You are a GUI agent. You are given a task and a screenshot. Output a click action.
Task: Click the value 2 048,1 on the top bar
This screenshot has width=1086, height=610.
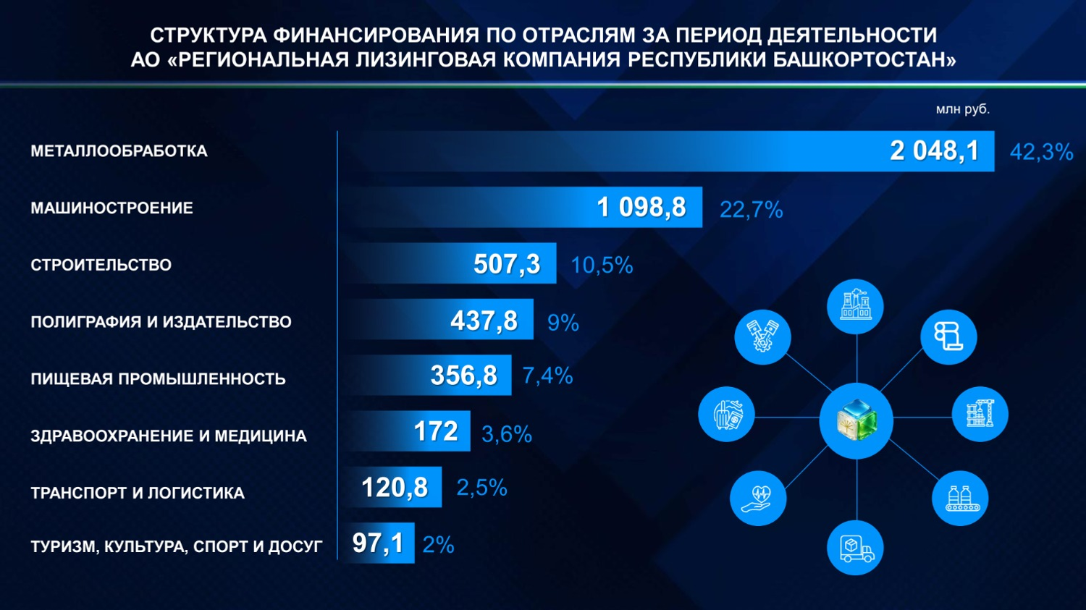tap(934, 151)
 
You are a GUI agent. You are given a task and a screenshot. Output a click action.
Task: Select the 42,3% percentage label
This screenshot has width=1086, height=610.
tap(1040, 152)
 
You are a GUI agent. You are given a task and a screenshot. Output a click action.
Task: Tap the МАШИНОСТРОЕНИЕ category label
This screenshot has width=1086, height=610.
tap(111, 208)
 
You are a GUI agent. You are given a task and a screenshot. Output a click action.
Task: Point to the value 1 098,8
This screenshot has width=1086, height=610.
tap(641, 208)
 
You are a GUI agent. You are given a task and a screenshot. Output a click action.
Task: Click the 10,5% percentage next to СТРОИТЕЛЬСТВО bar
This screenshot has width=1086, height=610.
tap(601, 266)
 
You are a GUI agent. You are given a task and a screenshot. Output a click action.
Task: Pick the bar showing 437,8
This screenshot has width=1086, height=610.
tap(442, 320)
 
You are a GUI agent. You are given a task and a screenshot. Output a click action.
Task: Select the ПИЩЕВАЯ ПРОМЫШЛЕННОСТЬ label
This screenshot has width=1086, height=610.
tap(158, 379)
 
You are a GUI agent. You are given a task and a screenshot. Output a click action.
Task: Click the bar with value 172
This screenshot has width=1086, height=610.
tap(409, 431)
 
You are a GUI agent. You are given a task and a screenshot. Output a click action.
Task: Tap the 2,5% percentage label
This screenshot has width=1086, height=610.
tap(481, 488)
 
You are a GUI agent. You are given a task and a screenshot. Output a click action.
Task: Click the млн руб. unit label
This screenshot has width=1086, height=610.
tap(962, 109)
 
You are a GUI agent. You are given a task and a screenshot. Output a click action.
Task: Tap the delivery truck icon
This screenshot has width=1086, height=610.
tap(855, 548)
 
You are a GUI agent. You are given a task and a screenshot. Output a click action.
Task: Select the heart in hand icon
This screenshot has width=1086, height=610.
tap(758, 498)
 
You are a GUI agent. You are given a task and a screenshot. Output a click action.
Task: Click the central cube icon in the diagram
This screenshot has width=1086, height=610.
tap(856, 420)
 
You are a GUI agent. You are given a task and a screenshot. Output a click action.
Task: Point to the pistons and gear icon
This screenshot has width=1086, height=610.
tap(762, 336)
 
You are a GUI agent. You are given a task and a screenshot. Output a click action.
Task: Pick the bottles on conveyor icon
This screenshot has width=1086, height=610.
tap(960, 498)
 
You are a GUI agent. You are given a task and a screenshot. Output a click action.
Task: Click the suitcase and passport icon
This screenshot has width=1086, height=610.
tap(726, 415)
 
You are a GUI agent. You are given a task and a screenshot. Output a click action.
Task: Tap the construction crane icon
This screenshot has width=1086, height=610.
tap(980, 414)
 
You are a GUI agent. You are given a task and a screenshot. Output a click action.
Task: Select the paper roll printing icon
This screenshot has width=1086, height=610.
tap(948, 336)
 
